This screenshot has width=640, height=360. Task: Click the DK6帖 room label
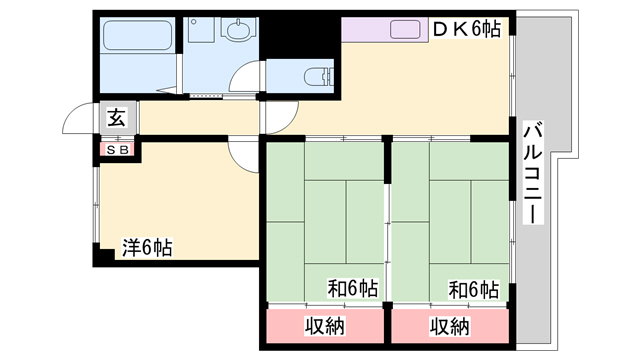466,29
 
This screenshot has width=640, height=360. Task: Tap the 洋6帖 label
147,247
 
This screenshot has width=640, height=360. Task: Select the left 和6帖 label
353,289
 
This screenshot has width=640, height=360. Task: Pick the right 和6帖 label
473,289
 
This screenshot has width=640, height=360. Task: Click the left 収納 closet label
325,326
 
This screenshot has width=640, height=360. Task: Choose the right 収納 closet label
449,326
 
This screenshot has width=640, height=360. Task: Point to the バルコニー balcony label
533,172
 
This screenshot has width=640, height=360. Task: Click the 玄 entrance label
117,118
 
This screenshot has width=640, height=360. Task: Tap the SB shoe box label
118,150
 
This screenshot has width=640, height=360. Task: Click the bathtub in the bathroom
137,35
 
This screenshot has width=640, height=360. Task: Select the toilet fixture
319,77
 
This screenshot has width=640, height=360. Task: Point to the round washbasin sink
238,29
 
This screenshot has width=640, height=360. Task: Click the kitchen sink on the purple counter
405,29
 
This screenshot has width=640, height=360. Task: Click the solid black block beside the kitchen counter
300,38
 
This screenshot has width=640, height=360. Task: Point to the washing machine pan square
201,29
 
